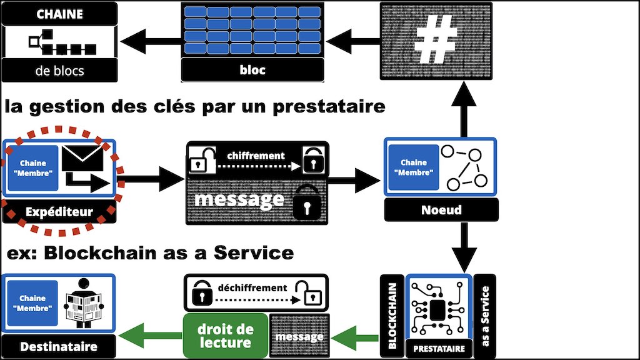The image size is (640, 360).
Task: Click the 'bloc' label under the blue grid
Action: pyautogui.click(x=252, y=69)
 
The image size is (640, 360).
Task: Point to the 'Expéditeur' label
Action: pyautogui.click(x=59, y=212)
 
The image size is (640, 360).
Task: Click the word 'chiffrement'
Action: pyautogui.click(x=256, y=156)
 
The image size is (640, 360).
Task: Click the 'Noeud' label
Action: pyautogui.click(x=441, y=209)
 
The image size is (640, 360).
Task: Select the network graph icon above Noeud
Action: pyautogui.click(x=463, y=167)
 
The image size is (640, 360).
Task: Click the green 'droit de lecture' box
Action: pyautogui.click(x=226, y=336)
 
